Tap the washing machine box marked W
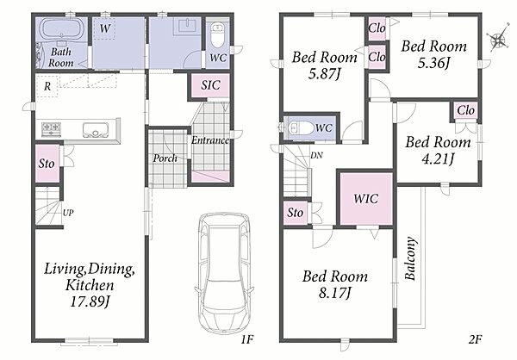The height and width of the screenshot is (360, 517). pyautogui.click(x=104, y=28)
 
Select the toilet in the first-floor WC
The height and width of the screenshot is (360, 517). pyautogui.click(x=218, y=35)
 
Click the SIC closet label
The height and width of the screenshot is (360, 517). pyautogui.click(x=210, y=85)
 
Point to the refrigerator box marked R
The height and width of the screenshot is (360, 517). pyautogui.click(x=47, y=86)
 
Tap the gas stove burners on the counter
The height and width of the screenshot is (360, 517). pyautogui.click(x=51, y=129)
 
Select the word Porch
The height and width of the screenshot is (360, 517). pyautogui.click(x=165, y=158)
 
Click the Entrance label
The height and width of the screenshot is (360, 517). pyautogui.click(x=210, y=140)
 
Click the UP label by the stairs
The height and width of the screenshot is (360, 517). pyautogui.click(x=68, y=213)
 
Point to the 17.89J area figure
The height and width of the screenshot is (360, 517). pyautogui.click(x=90, y=301)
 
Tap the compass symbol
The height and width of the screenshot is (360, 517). pyautogui.click(x=498, y=40)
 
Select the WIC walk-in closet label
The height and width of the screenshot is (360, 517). pyautogui.click(x=365, y=198)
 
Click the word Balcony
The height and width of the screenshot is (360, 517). pyautogui.click(x=410, y=258)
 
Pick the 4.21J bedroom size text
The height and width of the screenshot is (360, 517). pyautogui.click(x=438, y=159)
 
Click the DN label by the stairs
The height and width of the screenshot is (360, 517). pyautogui.click(x=316, y=155)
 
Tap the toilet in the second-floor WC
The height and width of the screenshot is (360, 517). pyautogui.click(x=301, y=127)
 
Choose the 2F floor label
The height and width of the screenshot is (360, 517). pyautogui.click(x=475, y=339)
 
